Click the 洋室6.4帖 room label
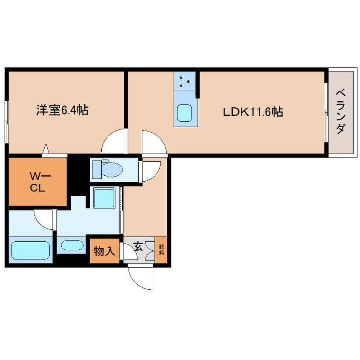[x=62, y=111]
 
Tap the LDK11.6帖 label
[x=253, y=112]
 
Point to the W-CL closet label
[x=37, y=182]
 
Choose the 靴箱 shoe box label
[x=161, y=248]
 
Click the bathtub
[x=30, y=250]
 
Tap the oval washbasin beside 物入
[x=73, y=246]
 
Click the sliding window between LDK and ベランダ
[x=326, y=112]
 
